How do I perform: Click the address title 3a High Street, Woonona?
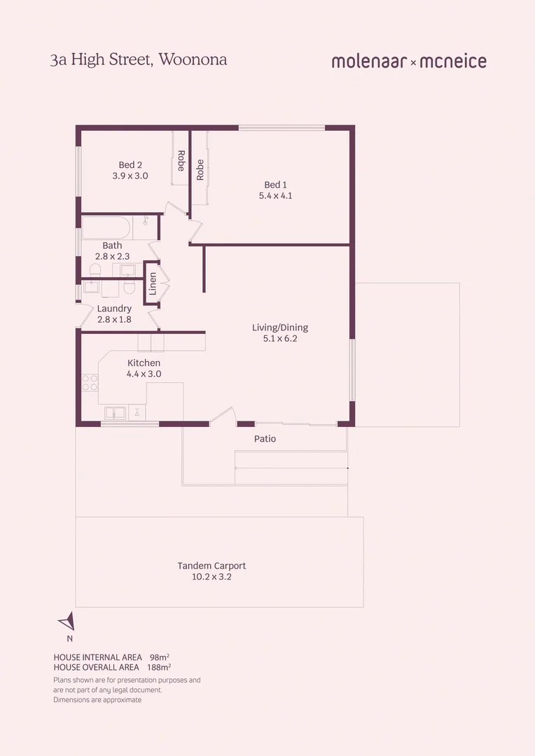[139, 59]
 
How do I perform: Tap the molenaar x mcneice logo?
[409, 62]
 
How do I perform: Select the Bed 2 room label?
[130, 165]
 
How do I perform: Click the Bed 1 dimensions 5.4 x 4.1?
[275, 196]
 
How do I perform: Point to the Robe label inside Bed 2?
[181, 161]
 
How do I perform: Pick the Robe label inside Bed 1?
[200, 170]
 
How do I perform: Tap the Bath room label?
[112, 246]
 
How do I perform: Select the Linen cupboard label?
[153, 283]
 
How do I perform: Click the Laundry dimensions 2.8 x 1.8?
[114, 320]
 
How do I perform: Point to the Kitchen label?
[144, 363]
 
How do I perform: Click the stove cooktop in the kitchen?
[90, 382]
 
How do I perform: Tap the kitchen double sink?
[115, 412]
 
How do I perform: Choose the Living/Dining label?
[280, 328]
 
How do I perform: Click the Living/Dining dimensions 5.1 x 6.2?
[280, 339]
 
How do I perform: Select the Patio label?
[265, 439]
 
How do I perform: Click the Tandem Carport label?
[211, 566]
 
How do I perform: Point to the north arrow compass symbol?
[67, 622]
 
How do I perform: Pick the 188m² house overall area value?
[159, 667]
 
